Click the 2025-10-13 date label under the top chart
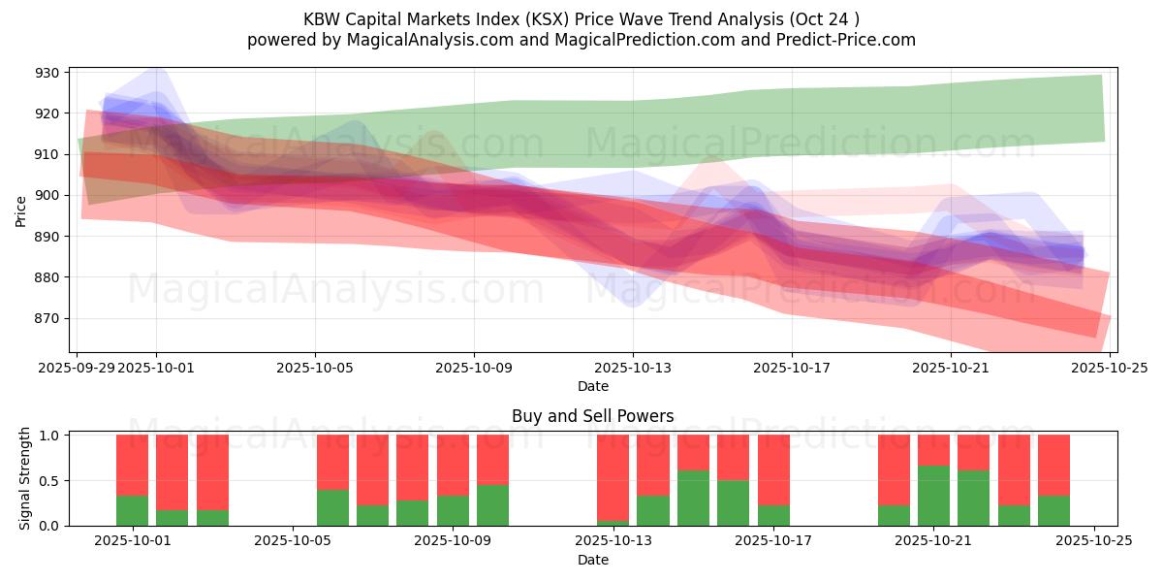(633, 368)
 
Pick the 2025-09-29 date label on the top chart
(77, 368)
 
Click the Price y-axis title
(21, 210)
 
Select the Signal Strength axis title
(25, 479)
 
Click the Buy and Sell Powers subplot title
(592, 416)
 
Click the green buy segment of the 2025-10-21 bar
(933, 496)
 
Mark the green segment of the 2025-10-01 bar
(132, 511)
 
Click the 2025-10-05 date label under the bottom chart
(293, 541)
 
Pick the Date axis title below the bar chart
(592, 560)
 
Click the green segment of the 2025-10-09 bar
(453, 511)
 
